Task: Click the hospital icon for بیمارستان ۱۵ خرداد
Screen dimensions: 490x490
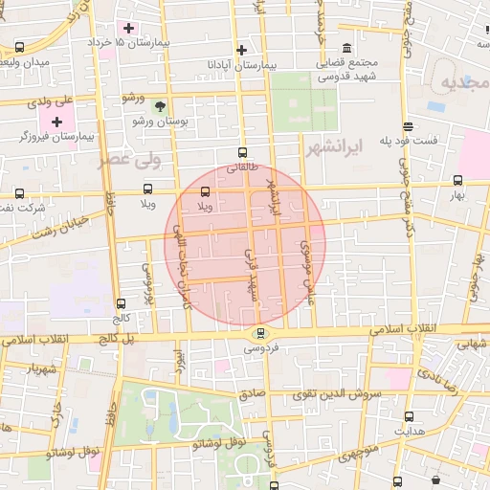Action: pos(128,26)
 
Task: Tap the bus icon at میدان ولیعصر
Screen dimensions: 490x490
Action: pos(20,46)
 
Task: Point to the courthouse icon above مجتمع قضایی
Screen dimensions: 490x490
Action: pos(345,48)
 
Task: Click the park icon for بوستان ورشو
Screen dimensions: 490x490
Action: pos(160,107)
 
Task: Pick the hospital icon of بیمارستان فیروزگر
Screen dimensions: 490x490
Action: pos(56,122)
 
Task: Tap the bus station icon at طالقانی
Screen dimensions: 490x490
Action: pos(241,151)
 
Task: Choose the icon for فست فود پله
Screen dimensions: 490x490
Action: pos(409,126)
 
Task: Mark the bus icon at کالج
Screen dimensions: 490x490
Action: pos(120,303)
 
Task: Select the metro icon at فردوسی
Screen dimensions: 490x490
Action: pos(260,333)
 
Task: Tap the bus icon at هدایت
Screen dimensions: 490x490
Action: pos(410,416)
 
